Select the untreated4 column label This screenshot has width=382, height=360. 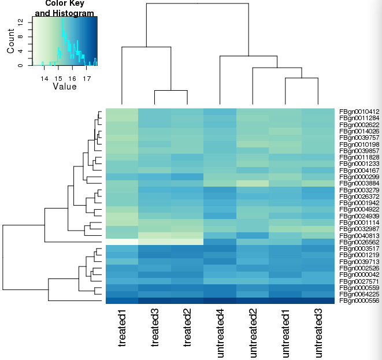220,333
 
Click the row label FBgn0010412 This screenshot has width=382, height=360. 359,111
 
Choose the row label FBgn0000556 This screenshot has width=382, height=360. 359,300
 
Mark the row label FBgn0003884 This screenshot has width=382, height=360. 359,183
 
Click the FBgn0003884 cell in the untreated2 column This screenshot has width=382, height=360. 253,183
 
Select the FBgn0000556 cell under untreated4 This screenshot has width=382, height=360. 220,300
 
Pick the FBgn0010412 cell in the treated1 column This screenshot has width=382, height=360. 122,111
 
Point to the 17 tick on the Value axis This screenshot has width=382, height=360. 86,77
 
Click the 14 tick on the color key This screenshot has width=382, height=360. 44,77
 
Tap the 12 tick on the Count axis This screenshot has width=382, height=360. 21,21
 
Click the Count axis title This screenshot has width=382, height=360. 10,42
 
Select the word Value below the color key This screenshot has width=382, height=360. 64,87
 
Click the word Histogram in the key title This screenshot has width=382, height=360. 72,13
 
